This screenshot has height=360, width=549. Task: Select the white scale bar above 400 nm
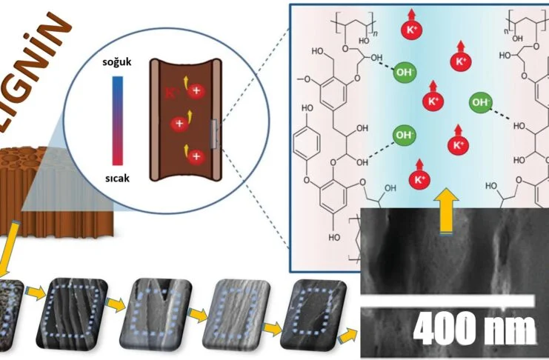point(447,299)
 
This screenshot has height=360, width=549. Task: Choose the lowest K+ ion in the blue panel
point(419,179)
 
